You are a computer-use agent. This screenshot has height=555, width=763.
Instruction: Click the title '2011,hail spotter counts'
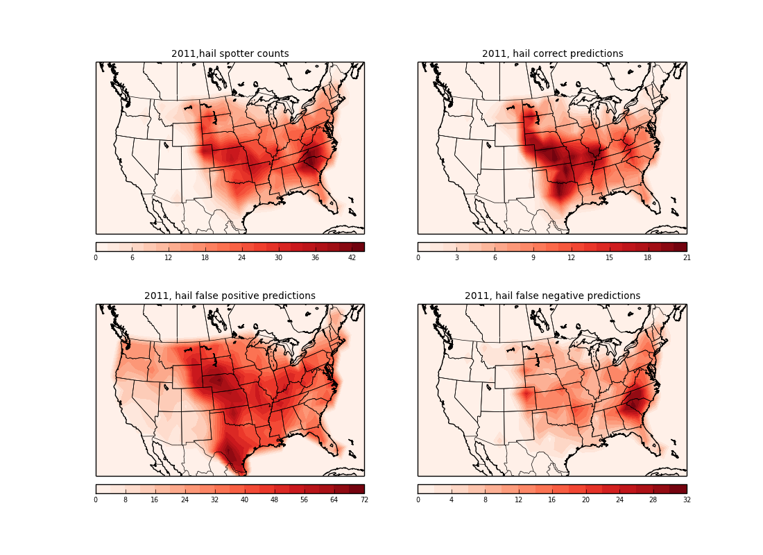230,54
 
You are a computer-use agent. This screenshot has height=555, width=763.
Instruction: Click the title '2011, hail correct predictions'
552,54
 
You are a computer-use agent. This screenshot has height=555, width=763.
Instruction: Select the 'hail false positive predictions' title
230,296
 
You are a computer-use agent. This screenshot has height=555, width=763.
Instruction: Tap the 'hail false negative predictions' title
552,296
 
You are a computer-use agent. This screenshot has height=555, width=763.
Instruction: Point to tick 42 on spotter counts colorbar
352,257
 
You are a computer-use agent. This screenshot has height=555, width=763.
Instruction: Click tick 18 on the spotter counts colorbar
205,257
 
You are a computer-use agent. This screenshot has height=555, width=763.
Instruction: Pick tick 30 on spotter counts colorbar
278,257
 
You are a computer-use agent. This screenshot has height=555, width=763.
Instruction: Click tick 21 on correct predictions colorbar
686,257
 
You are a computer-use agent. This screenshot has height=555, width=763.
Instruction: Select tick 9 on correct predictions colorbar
533,257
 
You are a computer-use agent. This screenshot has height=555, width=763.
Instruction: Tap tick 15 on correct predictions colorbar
610,257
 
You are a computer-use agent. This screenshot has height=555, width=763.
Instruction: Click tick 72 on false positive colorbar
363,499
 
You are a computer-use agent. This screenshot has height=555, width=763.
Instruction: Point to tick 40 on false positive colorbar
245,499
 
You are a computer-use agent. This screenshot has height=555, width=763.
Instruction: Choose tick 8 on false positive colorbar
126,499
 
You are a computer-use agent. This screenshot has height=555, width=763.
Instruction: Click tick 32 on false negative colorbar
686,499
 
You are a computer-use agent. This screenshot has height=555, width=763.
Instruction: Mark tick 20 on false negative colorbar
585,499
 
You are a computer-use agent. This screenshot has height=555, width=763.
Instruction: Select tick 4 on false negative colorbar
452,499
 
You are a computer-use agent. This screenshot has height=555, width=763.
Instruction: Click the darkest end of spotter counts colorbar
359,246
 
